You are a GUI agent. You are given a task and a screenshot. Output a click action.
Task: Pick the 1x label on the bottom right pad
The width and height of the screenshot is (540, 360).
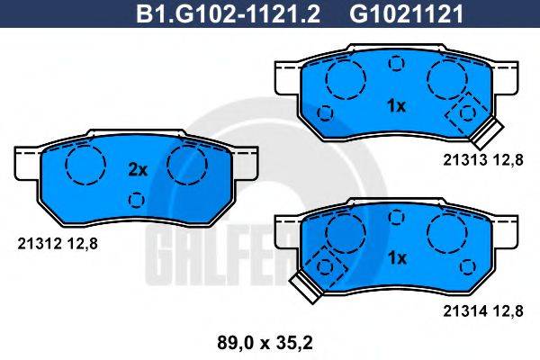tap(396, 257)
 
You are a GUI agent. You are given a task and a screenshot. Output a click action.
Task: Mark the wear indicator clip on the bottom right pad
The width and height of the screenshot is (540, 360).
tap(304, 285)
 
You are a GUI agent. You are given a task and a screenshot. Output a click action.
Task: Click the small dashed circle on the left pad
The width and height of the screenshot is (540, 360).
tap(136, 199)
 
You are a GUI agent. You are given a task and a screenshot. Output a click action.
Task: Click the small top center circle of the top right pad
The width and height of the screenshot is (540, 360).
tap(396, 63)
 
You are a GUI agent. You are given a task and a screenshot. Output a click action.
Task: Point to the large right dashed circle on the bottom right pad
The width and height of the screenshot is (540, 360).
tap(446, 236)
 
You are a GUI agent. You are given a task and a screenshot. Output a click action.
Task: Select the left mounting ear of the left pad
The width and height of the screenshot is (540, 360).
tap(27, 164)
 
